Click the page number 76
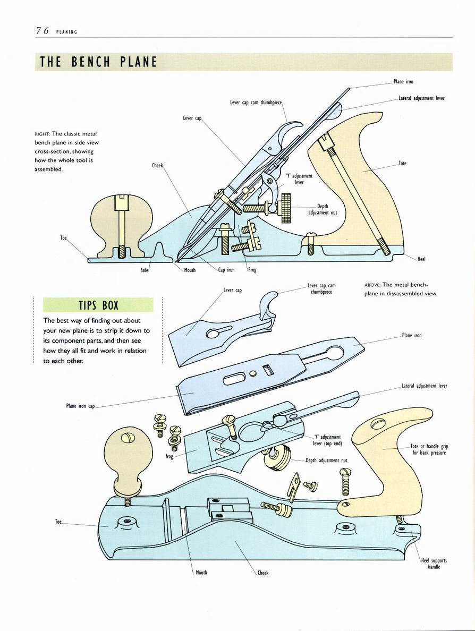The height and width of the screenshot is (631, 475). pos(43,31)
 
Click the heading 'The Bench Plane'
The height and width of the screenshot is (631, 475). pos(99,62)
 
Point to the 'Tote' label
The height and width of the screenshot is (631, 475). pos(402,163)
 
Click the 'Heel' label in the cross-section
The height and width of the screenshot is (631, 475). pos(421,259)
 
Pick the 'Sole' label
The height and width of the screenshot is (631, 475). pos(144,270)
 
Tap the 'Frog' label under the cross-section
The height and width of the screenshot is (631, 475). pos(252,270)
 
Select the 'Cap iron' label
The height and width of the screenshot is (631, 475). pos(226,270)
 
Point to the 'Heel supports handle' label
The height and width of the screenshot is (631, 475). pos(434,564)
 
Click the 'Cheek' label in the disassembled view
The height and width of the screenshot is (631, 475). pos(263,573)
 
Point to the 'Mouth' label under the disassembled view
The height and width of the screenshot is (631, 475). pos(201,572)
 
